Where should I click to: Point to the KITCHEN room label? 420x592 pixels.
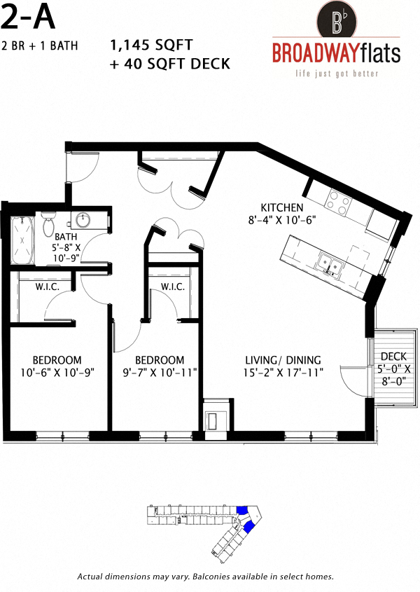[281, 207]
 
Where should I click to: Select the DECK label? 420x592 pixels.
[394, 357]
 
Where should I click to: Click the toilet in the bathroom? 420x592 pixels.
[48, 225]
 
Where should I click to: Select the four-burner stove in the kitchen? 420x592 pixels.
[339, 203]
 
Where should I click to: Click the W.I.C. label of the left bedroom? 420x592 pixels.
[46, 287]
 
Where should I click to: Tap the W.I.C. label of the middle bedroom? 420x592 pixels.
[171, 287]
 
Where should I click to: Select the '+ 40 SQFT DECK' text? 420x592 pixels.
[170, 64]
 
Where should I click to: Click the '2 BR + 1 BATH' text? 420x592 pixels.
[39, 46]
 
